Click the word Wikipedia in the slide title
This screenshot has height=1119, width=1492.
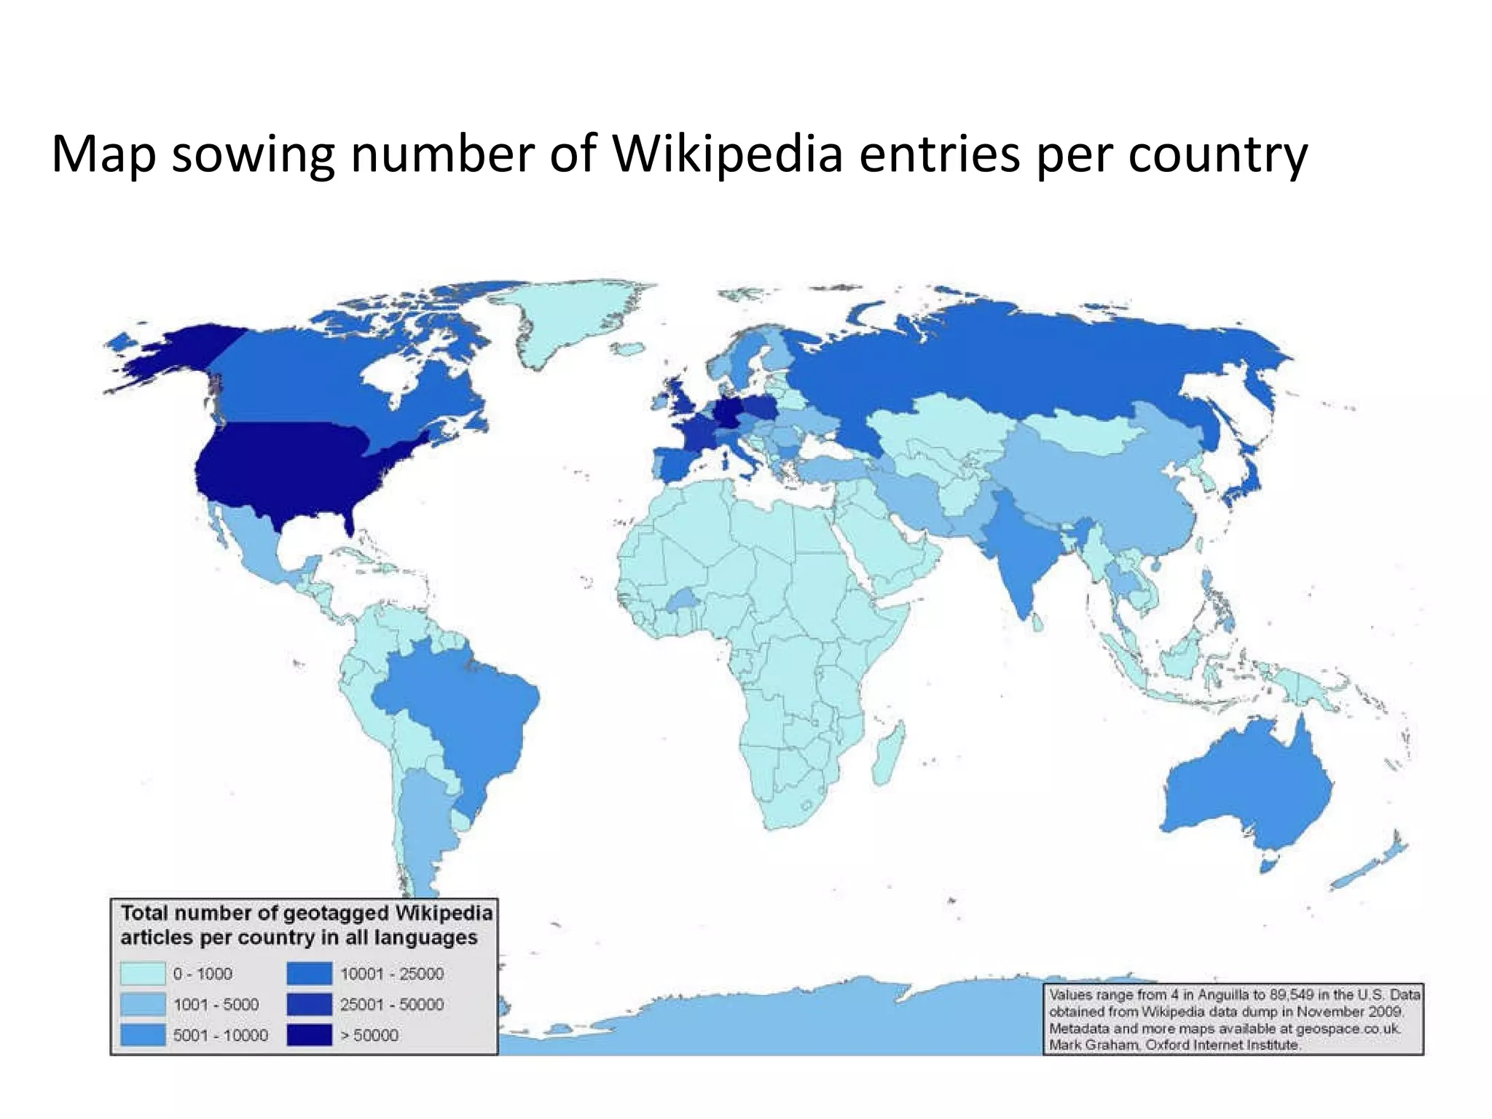[728, 154]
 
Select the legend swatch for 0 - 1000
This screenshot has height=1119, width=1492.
[143, 973]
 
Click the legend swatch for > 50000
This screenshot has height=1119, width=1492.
[309, 1034]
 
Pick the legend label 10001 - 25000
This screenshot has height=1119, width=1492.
[392, 974]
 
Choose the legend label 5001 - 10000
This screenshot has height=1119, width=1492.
[220, 1035]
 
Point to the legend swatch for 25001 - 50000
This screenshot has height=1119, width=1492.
[309, 1004]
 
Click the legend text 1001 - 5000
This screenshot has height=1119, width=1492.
[216, 1005]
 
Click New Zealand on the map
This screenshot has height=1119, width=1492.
[1370, 867]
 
